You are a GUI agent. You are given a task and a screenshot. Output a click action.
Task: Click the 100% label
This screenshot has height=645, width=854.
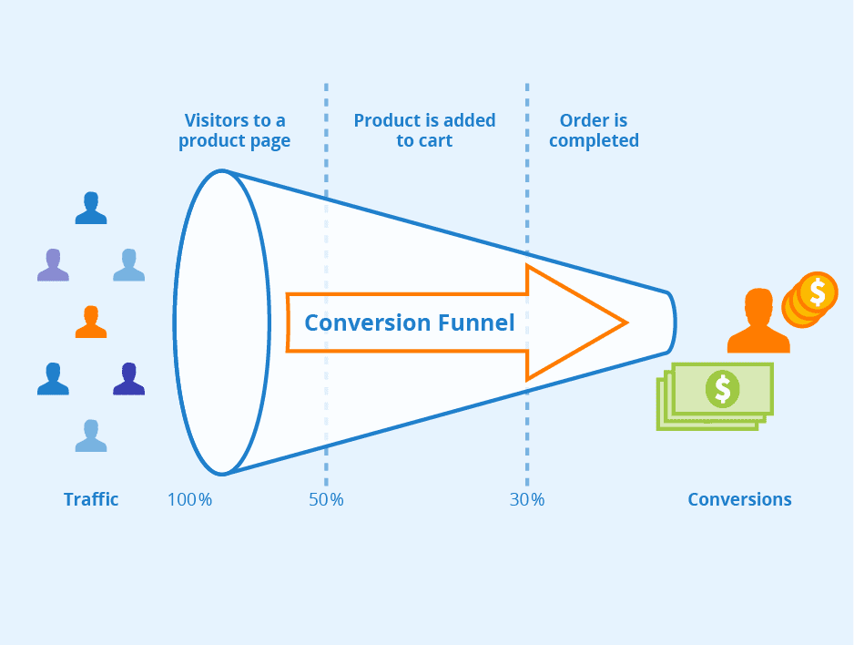pos(189,499)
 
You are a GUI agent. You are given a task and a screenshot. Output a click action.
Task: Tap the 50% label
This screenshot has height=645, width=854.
pos(325,499)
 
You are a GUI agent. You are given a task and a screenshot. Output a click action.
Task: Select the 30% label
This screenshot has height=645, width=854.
pos(526,499)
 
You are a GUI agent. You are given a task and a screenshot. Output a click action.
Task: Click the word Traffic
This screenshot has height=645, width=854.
pos(91,499)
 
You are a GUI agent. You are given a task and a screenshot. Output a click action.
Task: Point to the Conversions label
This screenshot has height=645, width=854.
pos(739,499)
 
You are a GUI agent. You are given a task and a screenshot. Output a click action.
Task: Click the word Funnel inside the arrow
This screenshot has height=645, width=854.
pos(473,322)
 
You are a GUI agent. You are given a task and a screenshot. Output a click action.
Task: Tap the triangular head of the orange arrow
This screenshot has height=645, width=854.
pos(574,322)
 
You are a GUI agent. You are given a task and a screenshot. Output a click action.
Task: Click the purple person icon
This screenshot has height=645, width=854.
pos(53,265)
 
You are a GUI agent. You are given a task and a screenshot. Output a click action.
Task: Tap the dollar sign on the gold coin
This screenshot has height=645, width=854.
pos(818,292)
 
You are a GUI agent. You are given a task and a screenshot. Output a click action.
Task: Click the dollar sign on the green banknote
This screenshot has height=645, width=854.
pos(723,388)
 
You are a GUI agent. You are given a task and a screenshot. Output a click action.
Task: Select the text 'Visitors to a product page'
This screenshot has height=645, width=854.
pos(235,130)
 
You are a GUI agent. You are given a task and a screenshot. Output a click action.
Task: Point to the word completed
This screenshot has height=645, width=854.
pos(594,141)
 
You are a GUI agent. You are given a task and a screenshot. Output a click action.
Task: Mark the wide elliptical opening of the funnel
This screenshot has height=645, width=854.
pos(221,322)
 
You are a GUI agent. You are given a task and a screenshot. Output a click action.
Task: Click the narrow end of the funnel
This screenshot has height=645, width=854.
pos(671,322)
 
